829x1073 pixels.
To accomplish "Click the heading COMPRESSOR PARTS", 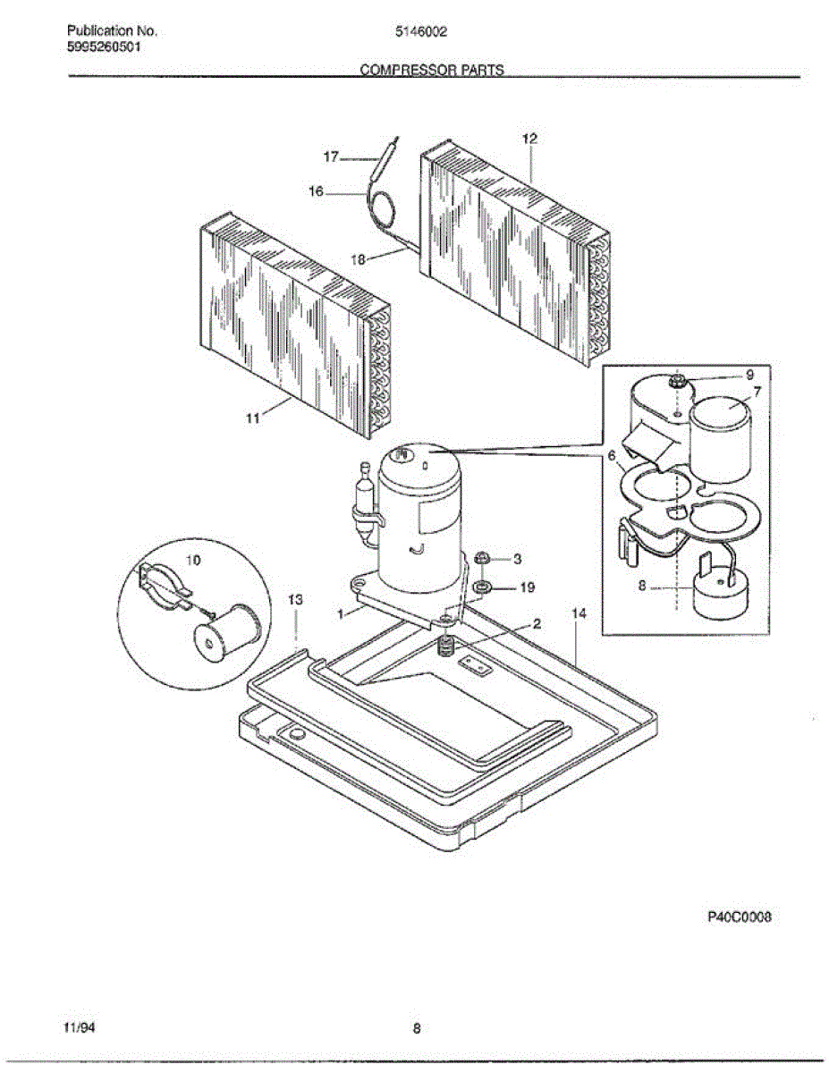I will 432,69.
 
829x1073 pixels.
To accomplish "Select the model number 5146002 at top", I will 421,30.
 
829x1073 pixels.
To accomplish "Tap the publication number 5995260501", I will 104,47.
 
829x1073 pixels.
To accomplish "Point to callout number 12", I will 529,139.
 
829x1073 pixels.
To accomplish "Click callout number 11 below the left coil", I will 253,418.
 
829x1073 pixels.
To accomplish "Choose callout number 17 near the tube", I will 331,156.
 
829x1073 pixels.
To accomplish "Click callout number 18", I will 358,259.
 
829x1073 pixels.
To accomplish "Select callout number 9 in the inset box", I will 749,374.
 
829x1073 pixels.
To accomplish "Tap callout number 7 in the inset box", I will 757,392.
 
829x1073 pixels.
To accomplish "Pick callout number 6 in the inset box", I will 612,456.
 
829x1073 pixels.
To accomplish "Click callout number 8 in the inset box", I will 642,588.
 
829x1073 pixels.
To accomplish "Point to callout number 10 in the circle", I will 192,560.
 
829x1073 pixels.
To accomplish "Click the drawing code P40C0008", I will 739,917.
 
